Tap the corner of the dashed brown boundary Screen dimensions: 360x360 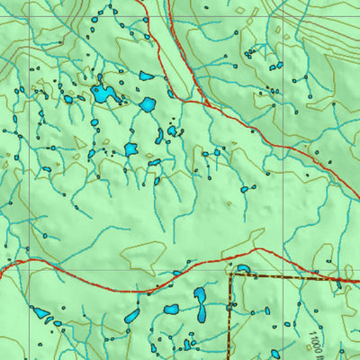click(x=232, y=276)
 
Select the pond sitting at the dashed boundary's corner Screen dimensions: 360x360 click(x=243, y=268)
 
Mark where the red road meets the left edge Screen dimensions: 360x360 click(x=1, y=266)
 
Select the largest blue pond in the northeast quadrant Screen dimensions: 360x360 click(x=275, y=66)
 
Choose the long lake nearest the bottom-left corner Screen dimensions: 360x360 click(x=41, y=314)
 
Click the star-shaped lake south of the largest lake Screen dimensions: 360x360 click(x=130, y=148)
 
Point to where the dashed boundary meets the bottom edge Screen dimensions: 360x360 click(x=229, y=358)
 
